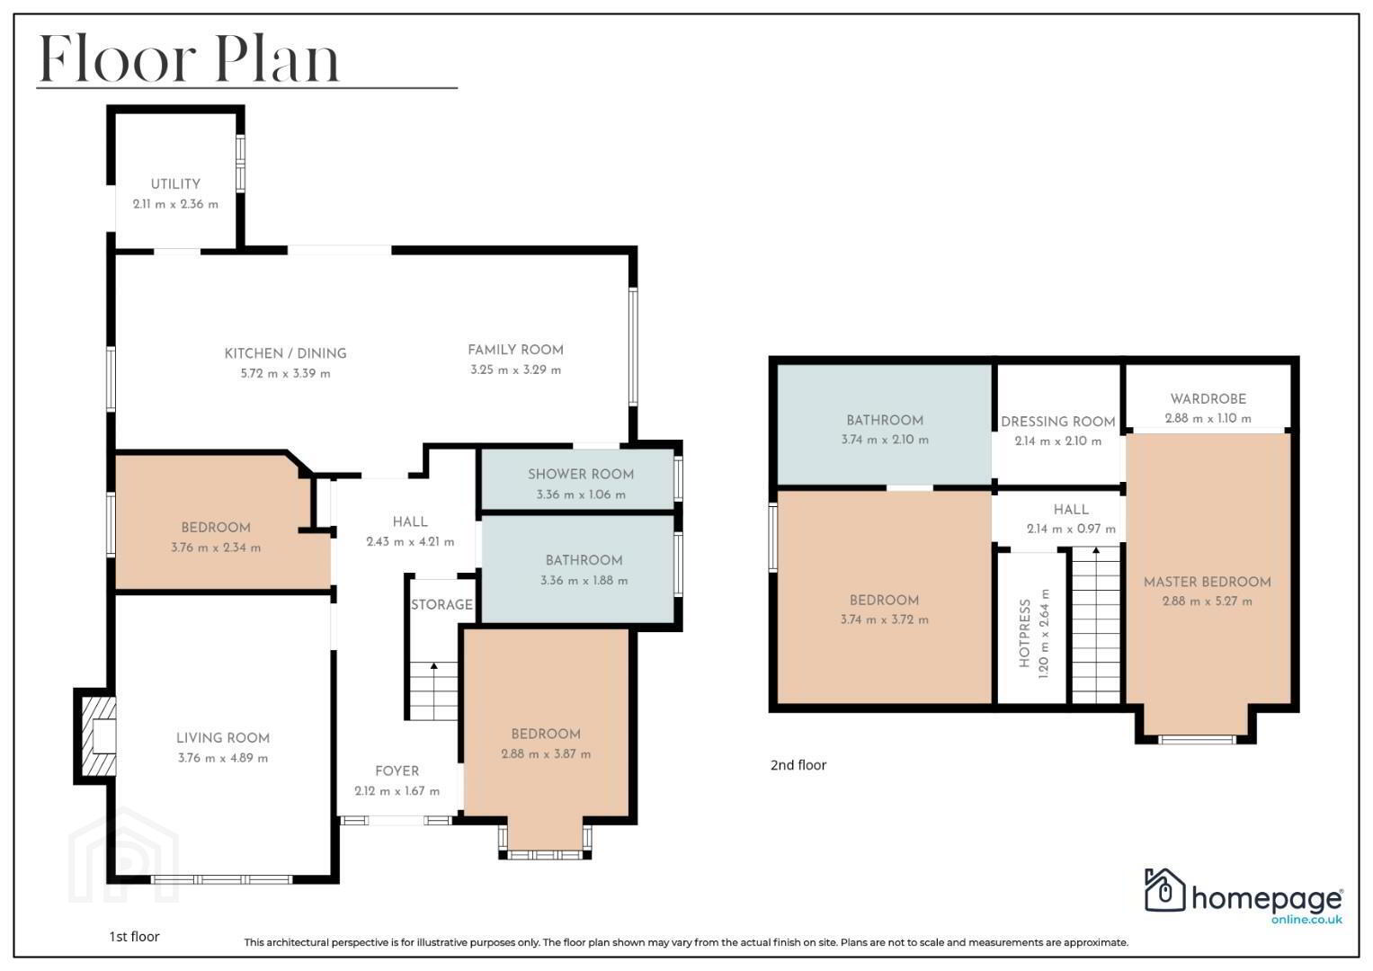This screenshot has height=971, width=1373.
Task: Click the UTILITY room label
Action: click(175, 184)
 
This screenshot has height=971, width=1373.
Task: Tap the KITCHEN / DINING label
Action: click(285, 353)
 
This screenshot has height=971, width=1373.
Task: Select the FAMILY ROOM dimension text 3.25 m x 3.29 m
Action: click(515, 370)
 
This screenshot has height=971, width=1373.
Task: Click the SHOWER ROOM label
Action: click(581, 475)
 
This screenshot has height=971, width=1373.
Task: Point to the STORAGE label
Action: click(441, 605)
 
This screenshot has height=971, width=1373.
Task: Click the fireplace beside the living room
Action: click(95, 736)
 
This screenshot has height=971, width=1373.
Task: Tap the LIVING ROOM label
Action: click(223, 738)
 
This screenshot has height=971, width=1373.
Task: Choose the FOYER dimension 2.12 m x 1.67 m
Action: click(397, 791)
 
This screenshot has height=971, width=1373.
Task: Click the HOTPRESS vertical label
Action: click(1024, 633)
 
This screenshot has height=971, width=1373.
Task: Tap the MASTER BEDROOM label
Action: click(1207, 583)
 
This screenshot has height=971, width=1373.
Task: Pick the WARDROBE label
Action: click(1208, 399)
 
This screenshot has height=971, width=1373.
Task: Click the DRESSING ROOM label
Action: click(1058, 422)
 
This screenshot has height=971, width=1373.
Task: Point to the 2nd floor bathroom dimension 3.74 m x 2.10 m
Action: click(885, 441)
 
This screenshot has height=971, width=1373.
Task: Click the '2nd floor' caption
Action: click(798, 765)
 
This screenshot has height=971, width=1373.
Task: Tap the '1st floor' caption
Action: click(134, 937)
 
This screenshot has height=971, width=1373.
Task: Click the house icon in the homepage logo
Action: click(1164, 889)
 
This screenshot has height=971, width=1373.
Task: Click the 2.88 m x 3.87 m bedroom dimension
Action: click(546, 754)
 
